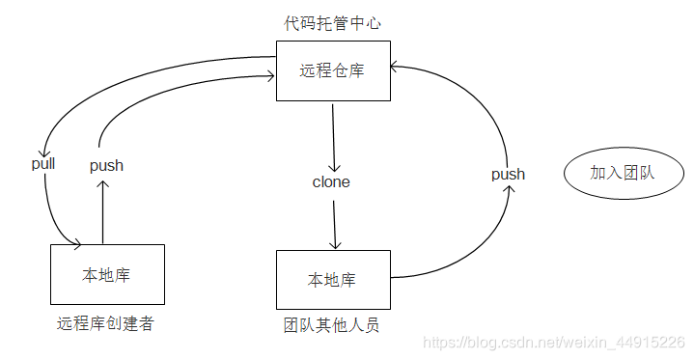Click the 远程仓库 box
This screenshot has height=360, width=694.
(x=333, y=70)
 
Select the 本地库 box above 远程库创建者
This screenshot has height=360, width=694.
(x=106, y=275)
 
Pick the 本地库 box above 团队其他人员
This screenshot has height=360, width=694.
(x=333, y=280)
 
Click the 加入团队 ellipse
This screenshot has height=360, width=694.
(x=622, y=174)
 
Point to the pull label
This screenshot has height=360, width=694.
(x=43, y=163)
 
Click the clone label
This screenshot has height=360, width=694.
(x=331, y=181)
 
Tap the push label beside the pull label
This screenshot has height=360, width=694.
(x=106, y=165)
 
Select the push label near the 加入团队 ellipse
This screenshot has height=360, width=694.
(x=508, y=174)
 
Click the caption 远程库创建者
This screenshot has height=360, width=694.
(x=105, y=323)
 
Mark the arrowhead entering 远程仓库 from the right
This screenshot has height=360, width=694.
(x=396, y=66)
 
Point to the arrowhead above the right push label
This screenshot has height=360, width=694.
(x=510, y=190)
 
